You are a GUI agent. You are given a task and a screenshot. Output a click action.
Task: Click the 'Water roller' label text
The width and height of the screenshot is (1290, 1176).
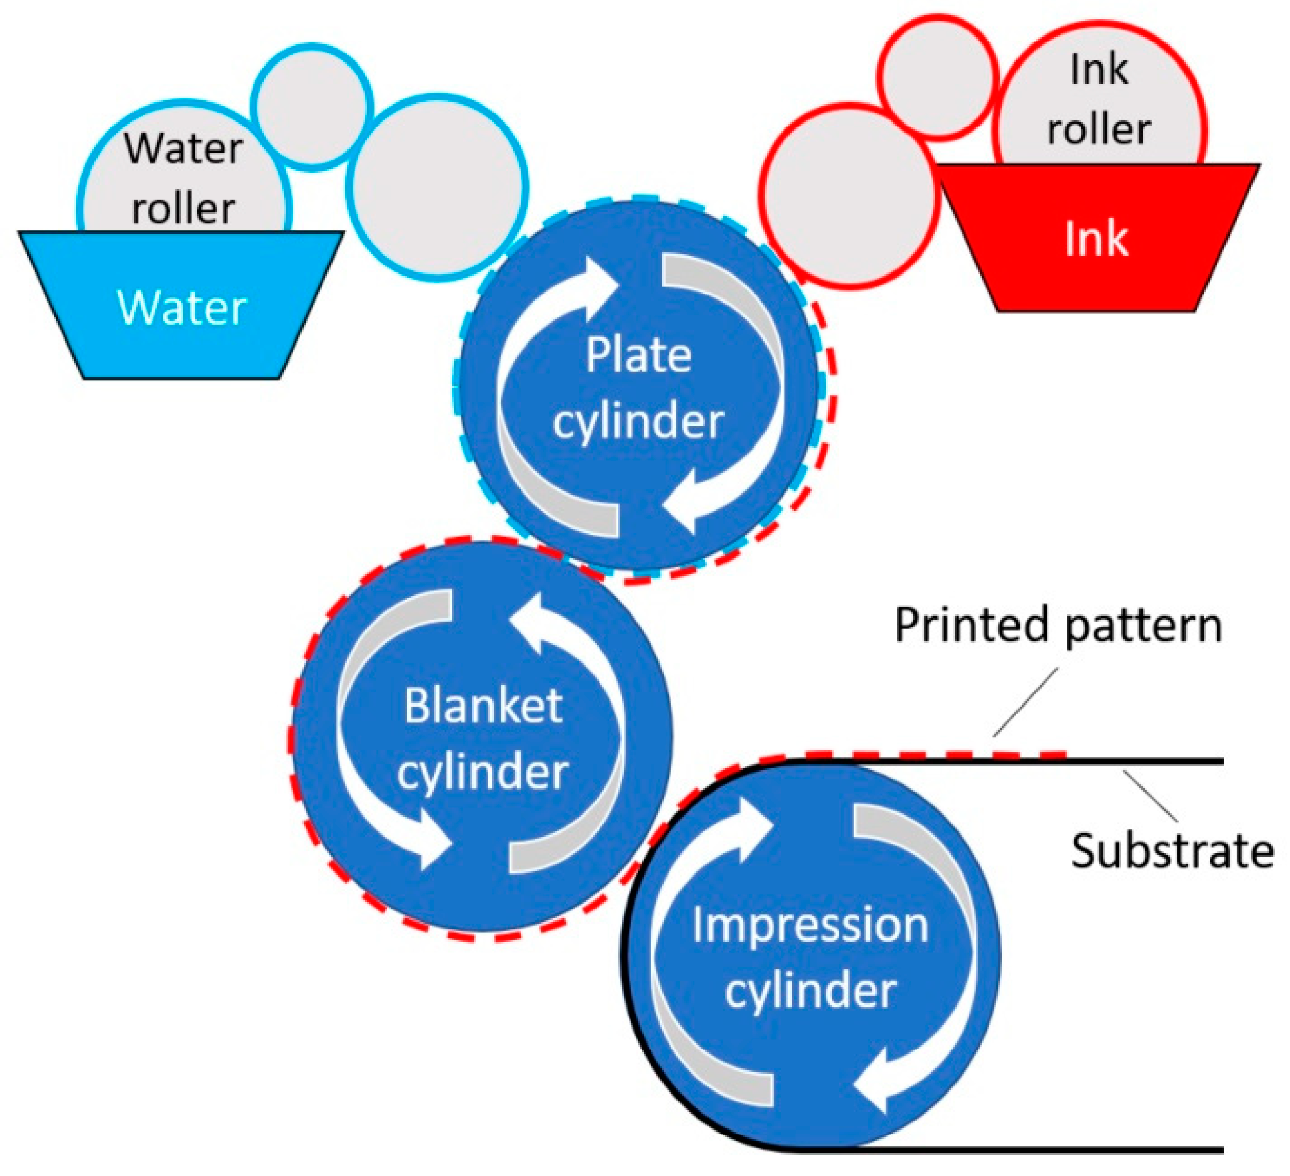point(183,178)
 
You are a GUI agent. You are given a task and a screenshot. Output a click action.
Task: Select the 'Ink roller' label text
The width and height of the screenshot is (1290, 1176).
point(1099,99)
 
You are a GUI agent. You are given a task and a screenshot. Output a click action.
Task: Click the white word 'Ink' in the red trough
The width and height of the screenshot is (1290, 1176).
point(1095,238)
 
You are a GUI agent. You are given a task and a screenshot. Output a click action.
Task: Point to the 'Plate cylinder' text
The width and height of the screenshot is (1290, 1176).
point(638,388)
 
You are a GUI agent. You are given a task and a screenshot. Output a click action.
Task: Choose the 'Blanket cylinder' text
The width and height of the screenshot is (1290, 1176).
point(483,738)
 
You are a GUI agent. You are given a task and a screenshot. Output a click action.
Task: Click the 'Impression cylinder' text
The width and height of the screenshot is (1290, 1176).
point(810,957)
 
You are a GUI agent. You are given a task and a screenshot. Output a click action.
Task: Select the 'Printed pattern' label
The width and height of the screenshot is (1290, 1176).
point(1058,625)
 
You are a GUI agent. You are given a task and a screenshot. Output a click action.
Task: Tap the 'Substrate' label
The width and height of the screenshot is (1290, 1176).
point(1172,851)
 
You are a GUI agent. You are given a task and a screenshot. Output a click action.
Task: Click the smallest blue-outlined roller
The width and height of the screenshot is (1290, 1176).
point(312,106)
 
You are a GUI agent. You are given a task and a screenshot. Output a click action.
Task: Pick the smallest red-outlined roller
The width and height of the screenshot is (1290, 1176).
point(938,77)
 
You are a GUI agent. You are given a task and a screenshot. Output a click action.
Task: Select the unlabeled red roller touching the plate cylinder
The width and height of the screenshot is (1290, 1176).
point(848,197)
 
